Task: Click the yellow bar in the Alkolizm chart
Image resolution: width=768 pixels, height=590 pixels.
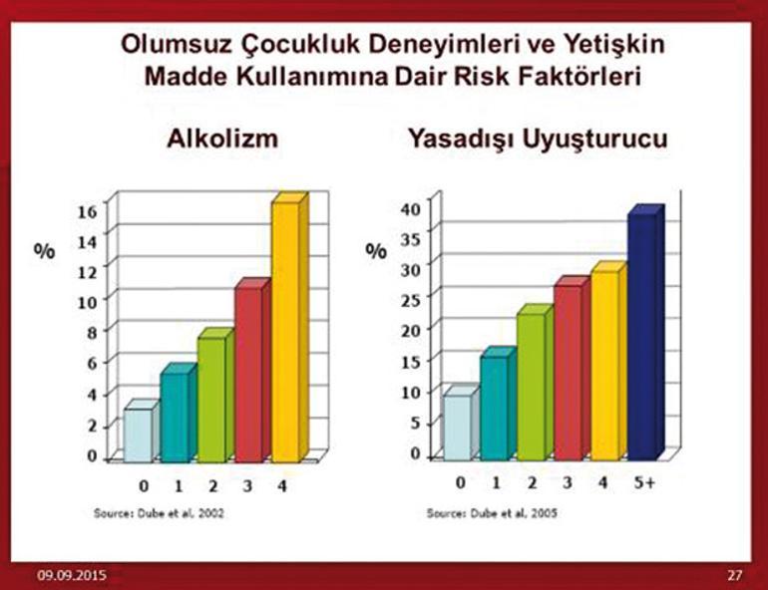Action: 290,327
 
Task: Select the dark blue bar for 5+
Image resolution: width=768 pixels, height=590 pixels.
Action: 645,333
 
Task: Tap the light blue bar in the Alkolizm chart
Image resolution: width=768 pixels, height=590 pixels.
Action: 141,431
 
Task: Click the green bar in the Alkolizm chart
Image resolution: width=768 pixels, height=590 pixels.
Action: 215,396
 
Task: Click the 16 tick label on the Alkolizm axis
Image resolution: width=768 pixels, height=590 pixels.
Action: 88,212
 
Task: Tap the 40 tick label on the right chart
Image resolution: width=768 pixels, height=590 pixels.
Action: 411,209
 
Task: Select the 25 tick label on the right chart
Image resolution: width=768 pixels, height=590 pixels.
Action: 411,300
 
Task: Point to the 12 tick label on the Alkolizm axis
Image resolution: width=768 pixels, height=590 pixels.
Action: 88,272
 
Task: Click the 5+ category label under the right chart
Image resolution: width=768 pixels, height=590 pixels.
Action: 644,482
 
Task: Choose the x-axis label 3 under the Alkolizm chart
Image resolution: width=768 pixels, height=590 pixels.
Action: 247,486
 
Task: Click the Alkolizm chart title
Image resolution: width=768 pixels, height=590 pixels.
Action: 222,139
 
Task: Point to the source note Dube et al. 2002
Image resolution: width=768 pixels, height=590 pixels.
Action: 160,513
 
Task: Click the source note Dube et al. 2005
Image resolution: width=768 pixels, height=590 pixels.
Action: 492,513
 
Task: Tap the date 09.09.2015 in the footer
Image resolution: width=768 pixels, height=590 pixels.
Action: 72,575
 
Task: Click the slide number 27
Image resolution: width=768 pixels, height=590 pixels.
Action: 735,575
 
